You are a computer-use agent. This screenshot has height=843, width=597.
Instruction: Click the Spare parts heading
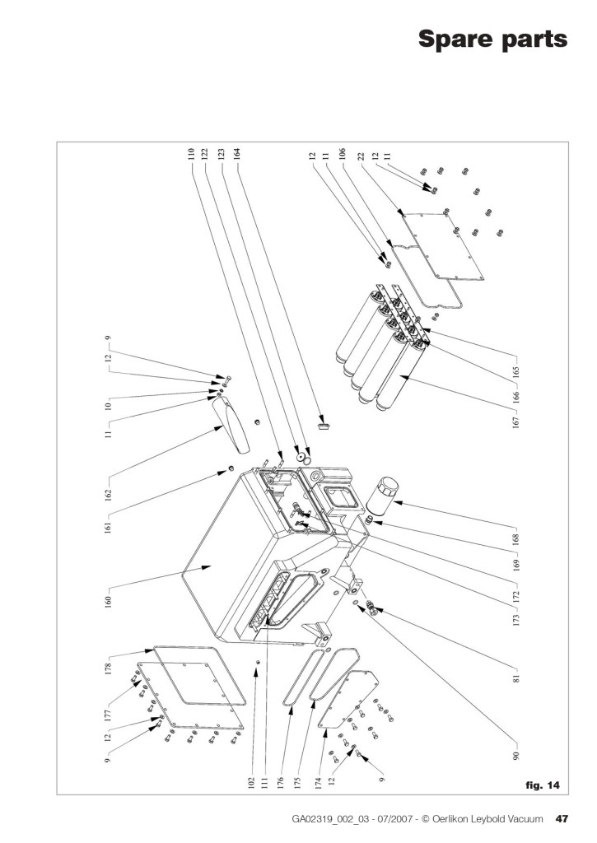[x=492, y=39]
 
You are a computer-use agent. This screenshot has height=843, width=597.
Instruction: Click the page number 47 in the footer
[x=562, y=819]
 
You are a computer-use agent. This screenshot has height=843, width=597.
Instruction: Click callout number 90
[x=516, y=756]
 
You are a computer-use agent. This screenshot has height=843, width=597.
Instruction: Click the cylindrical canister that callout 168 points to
[x=382, y=496]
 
